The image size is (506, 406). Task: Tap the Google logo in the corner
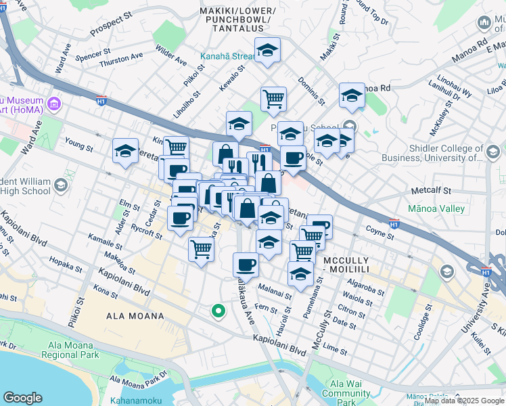point(23,398)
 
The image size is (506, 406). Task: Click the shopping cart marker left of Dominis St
point(273,99)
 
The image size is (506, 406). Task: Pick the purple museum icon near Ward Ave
point(55,104)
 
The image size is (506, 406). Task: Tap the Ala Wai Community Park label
point(346,393)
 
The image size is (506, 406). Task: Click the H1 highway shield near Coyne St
point(394,221)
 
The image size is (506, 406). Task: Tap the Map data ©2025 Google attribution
point(464,401)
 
